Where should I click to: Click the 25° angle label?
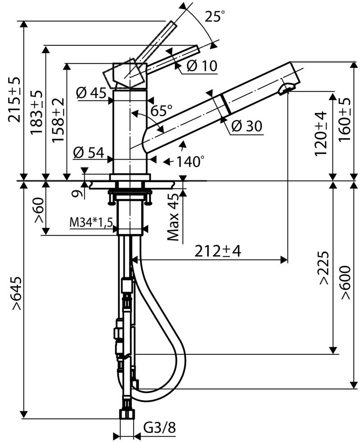click(214, 17)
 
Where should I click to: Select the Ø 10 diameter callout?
click(201, 66)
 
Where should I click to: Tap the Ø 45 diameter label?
click(91, 94)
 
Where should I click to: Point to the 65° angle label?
click(162, 110)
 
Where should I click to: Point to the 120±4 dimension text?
click(321, 134)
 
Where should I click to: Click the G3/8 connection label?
click(159, 428)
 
